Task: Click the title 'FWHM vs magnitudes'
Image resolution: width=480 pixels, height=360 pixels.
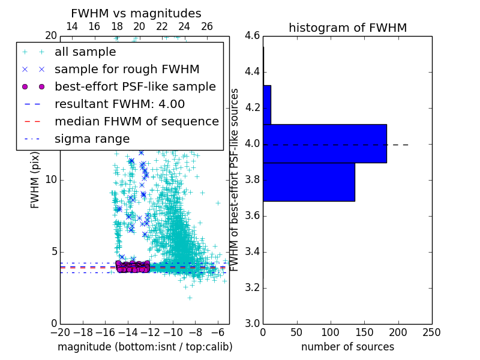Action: (x=136, y=13)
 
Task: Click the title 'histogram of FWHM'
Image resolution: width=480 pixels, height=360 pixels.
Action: (x=347, y=28)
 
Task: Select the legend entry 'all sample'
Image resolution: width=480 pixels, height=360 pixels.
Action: (x=85, y=52)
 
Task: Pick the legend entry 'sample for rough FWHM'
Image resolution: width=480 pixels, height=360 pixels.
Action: (x=127, y=69)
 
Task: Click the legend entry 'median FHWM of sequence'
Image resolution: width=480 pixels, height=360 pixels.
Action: (x=136, y=121)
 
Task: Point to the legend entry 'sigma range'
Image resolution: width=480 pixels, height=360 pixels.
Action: (x=92, y=139)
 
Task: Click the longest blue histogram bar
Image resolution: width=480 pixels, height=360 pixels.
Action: (x=325, y=143)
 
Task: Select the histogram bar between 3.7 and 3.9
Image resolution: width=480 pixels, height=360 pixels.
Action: (x=308, y=182)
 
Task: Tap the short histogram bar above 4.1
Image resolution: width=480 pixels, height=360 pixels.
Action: (x=267, y=104)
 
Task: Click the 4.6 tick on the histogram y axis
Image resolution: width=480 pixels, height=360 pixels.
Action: (x=252, y=36)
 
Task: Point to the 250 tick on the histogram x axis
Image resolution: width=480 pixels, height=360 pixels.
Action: (x=431, y=332)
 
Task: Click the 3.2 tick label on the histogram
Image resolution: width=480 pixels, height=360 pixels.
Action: (x=252, y=287)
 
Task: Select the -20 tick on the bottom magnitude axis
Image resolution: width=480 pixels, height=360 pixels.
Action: (x=60, y=332)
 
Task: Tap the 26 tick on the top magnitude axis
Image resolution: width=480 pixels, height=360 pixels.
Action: (x=207, y=26)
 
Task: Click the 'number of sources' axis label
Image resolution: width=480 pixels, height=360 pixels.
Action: (x=347, y=347)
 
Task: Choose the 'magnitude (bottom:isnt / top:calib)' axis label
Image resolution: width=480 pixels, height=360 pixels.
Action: (x=145, y=347)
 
